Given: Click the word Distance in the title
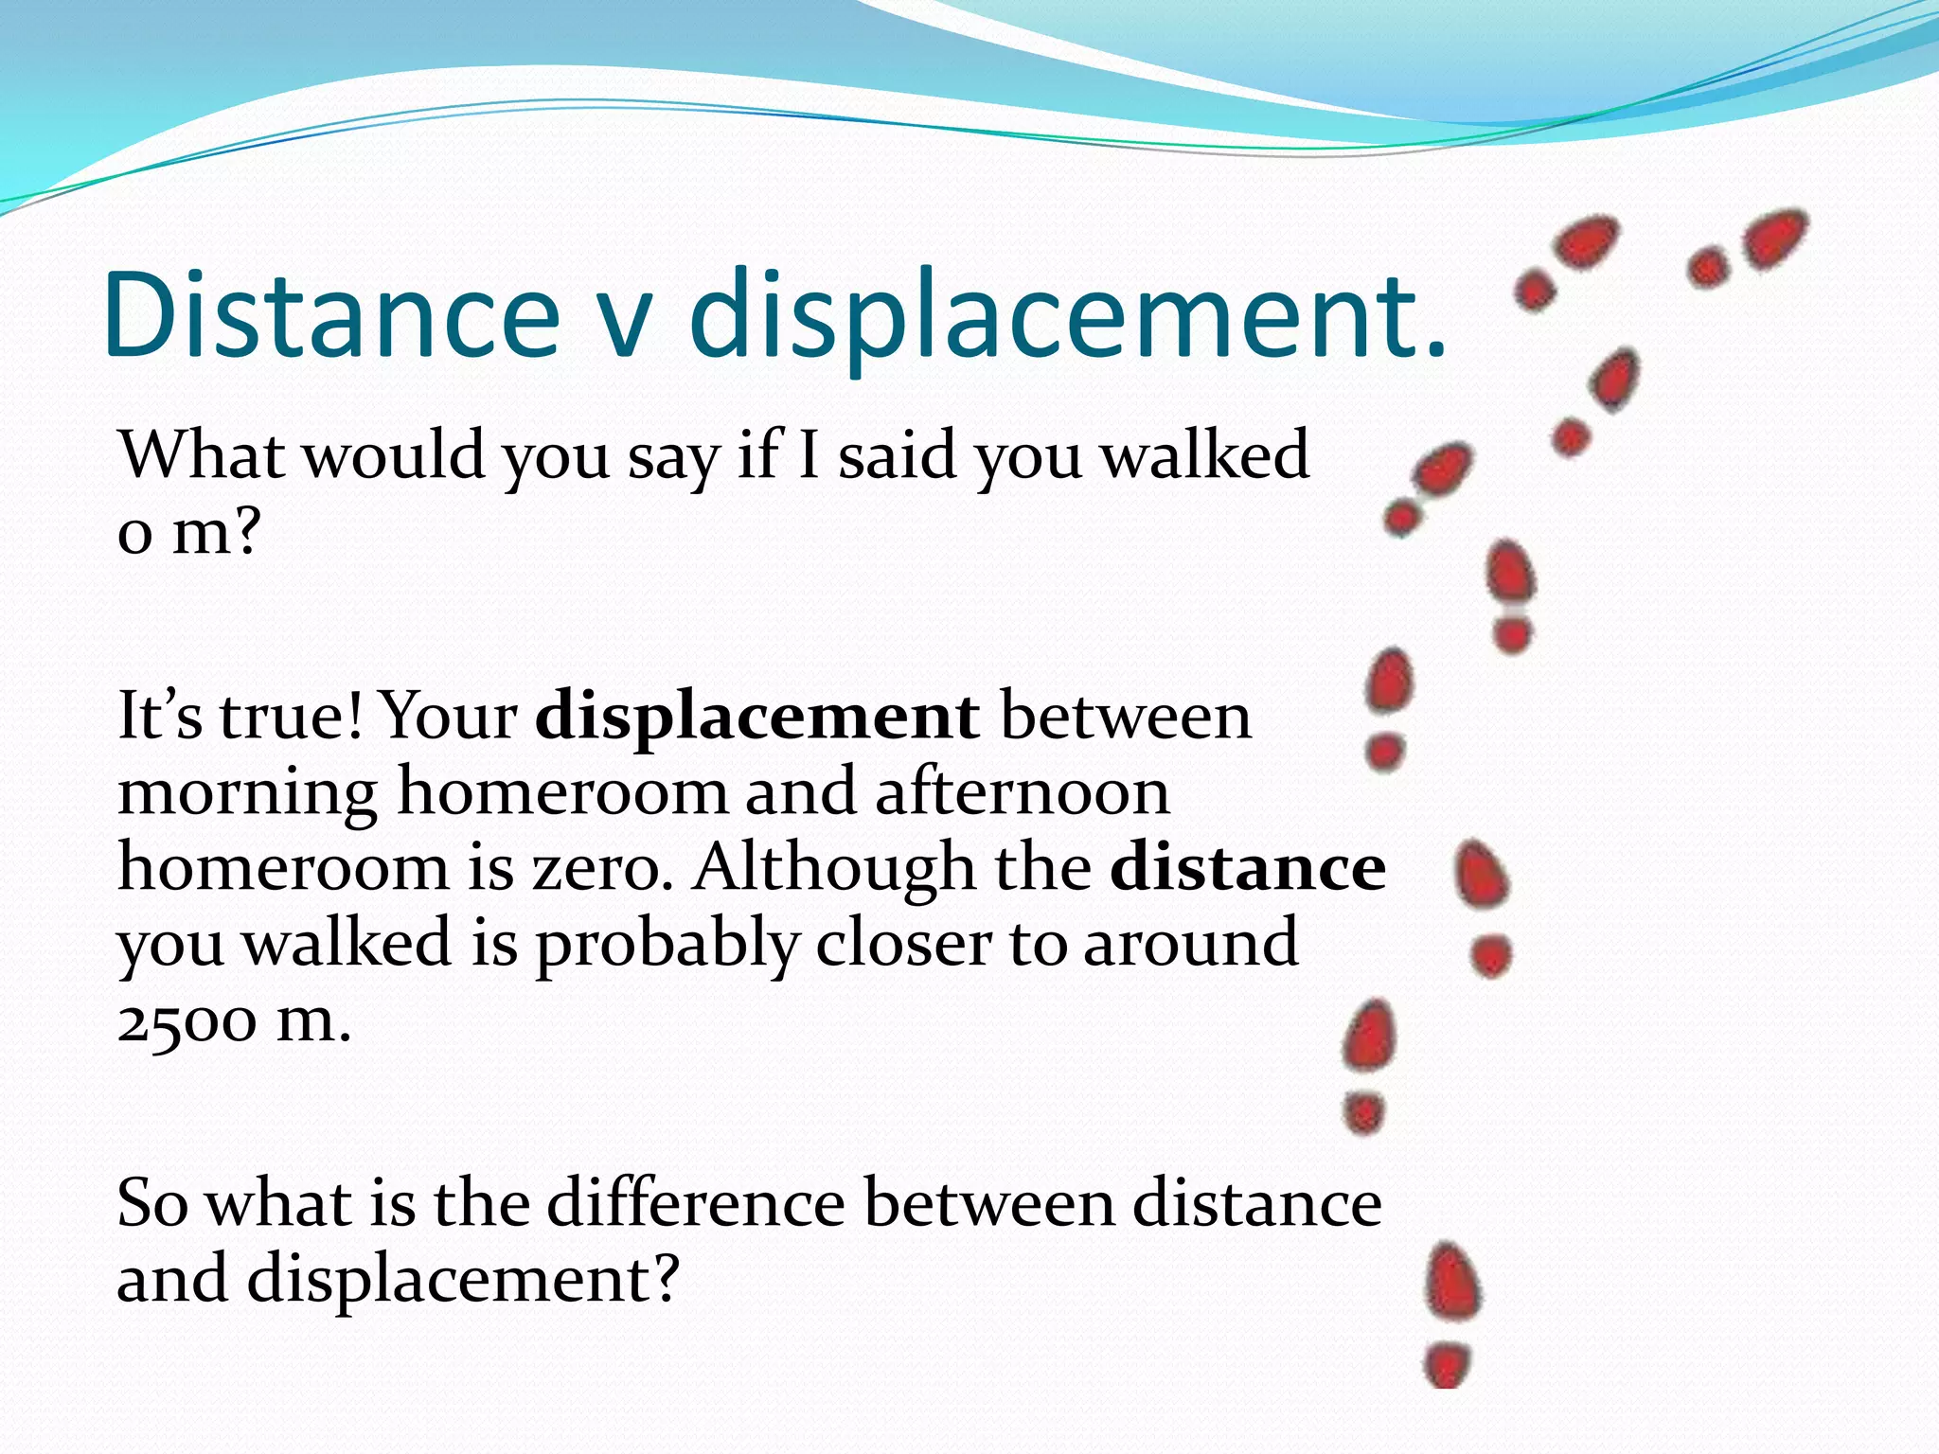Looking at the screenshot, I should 331,314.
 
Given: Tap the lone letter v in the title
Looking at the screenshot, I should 626,322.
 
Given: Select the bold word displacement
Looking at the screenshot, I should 756,716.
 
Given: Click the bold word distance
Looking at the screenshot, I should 1247,867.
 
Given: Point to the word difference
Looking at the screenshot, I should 696,1204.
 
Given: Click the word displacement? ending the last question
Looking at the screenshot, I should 464,1280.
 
